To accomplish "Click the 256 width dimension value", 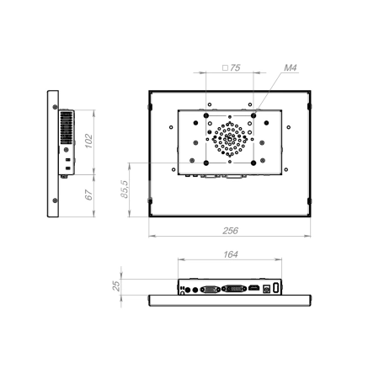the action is tap(230, 231).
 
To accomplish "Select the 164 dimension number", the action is tap(231, 254).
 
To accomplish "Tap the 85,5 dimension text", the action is tap(125, 189).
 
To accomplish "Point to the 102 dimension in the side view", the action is tap(88, 141).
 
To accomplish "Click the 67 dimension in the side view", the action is tap(88, 195).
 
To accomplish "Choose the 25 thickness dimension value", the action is tap(116, 286).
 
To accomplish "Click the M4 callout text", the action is tap(291, 67).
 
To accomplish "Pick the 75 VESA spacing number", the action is tap(235, 67).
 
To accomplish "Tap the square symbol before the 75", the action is tap(225, 67).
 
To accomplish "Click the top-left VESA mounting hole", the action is tap(206, 115).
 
